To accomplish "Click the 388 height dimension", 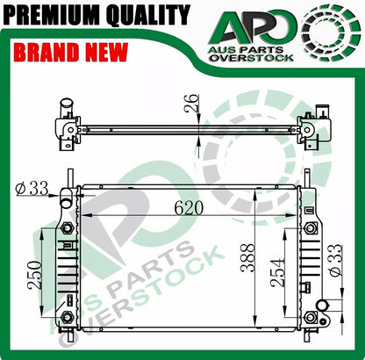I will click(250, 259).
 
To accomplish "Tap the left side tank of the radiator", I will click(67, 263).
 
